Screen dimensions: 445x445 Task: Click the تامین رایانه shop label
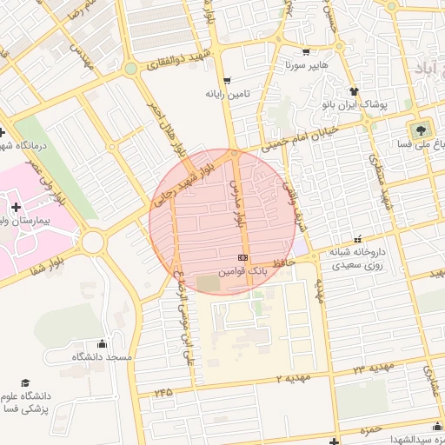(x=228, y=93)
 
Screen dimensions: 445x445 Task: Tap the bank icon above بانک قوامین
(x=242, y=258)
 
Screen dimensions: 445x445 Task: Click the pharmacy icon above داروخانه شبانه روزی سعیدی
(x=357, y=238)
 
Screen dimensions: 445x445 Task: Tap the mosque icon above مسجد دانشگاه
(x=103, y=343)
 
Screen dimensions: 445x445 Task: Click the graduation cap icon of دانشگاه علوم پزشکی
(x=25, y=383)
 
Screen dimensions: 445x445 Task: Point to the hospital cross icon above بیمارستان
(x=16, y=207)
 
